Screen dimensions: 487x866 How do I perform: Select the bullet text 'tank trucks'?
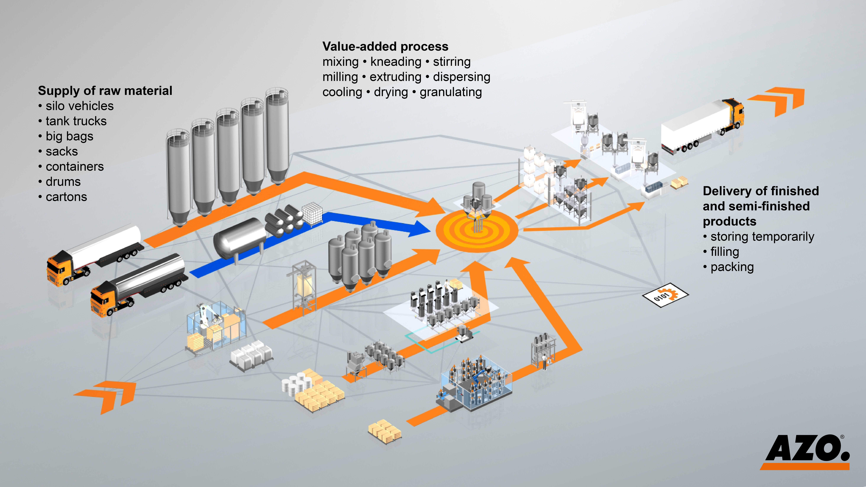(x=76, y=121)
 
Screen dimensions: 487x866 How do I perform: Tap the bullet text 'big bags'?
(x=69, y=136)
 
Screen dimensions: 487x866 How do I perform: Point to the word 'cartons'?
(x=66, y=197)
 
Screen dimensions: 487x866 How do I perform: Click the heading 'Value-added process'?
(x=385, y=46)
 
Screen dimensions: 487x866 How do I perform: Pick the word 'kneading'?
(x=396, y=62)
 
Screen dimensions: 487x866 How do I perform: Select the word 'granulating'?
(x=450, y=92)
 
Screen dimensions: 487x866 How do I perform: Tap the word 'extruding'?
(x=395, y=77)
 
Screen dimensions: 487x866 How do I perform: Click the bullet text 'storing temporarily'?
(x=762, y=237)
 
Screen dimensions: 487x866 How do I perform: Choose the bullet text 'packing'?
(x=732, y=267)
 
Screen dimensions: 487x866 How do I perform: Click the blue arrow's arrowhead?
(x=418, y=229)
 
